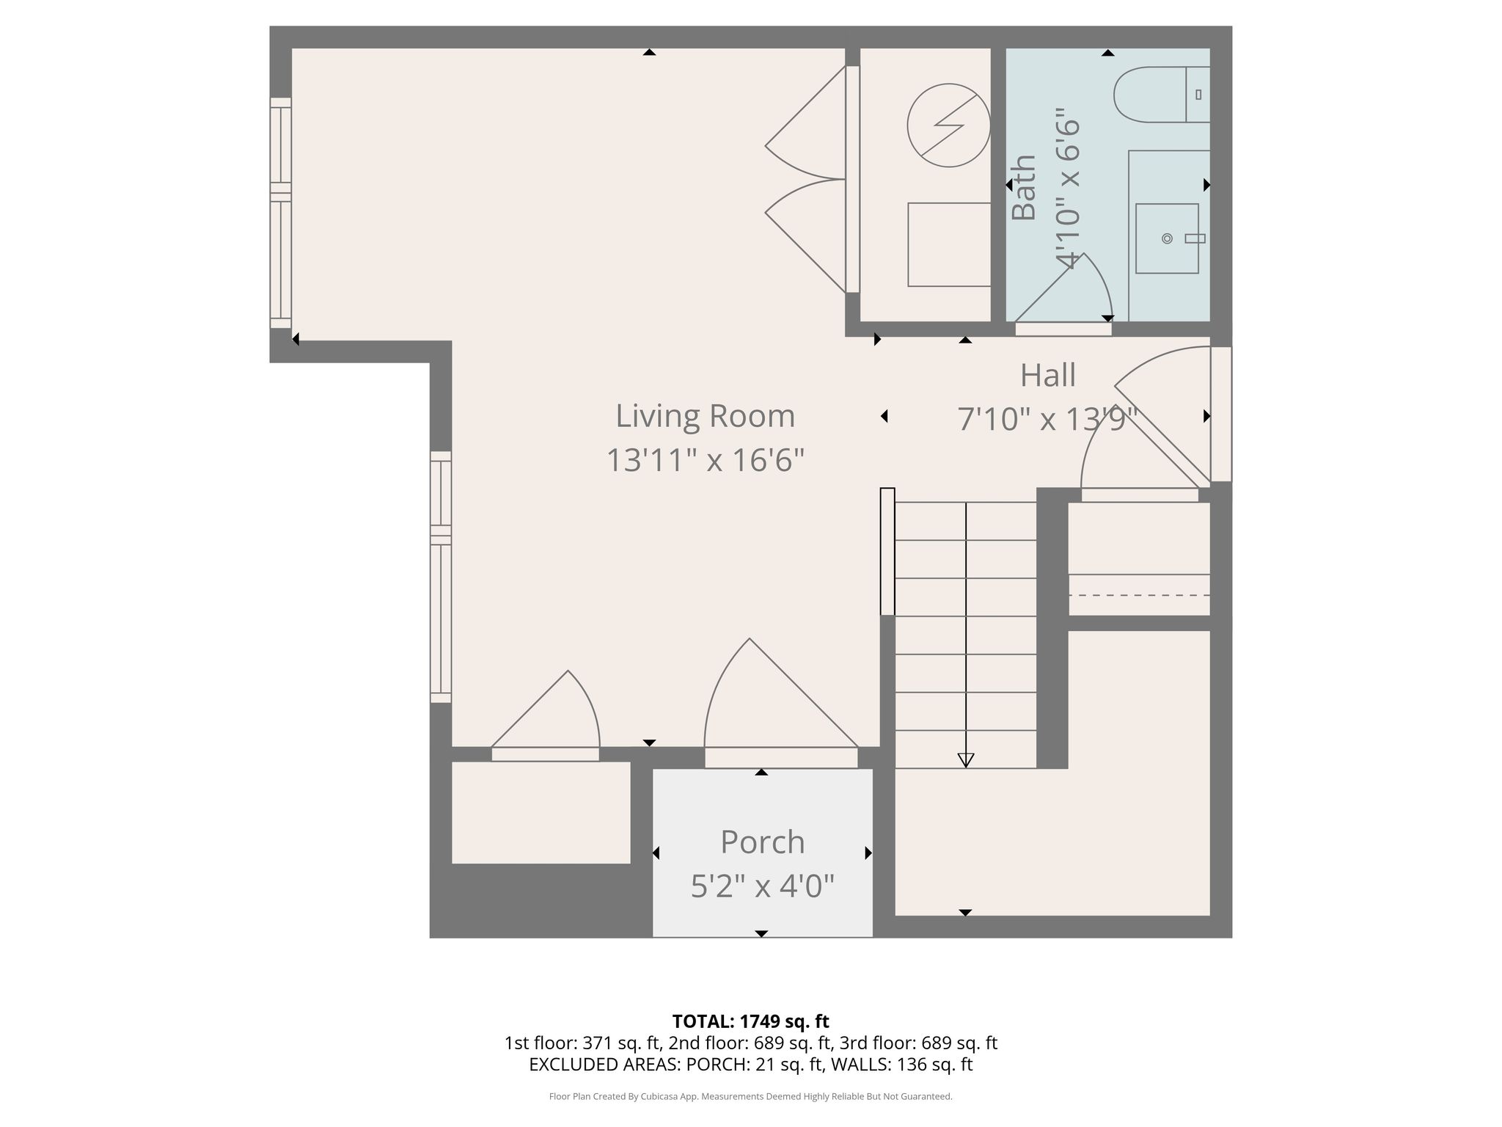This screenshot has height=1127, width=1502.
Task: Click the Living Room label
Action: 705,416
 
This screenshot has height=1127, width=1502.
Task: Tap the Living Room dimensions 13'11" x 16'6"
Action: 705,461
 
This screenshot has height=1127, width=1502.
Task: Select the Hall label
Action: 1048,375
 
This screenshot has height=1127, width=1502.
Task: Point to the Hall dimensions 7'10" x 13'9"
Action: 1047,420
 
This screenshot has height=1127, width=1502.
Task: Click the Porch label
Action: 763,842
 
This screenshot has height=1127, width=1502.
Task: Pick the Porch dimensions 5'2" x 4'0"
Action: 763,886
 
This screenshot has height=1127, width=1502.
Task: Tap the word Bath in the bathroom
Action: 1024,187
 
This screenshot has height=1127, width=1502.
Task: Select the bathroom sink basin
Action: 1167,238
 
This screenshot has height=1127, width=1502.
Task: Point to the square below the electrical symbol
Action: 950,244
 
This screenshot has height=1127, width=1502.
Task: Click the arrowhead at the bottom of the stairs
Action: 966,761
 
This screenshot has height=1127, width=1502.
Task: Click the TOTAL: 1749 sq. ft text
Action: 751,1021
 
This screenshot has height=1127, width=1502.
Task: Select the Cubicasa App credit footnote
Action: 751,1096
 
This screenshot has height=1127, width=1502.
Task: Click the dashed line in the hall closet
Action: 1139,595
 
